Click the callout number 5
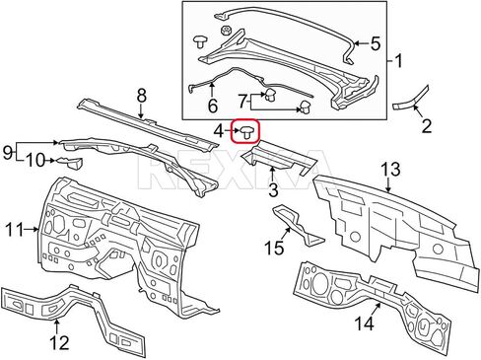pyautogui.click(x=376, y=43)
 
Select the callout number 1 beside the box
pyautogui.click(x=398, y=61)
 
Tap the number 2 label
pyautogui.click(x=426, y=125)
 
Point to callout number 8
pyautogui.click(x=141, y=96)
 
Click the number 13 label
pyautogui.click(x=390, y=170)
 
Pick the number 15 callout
pyautogui.click(x=275, y=248)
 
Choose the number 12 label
pyautogui.click(x=60, y=342)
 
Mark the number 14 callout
pyautogui.click(x=365, y=323)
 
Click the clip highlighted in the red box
pyautogui.click(x=247, y=132)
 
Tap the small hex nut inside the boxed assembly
pyautogui.click(x=226, y=32)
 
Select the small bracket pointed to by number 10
pyautogui.click(x=70, y=163)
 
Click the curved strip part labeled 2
pyautogui.click(x=411, y=99)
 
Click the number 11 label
pyautogui.click(x=15, y=229)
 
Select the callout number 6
pyautogui.click(x=213, y=106)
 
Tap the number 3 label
pyautogui.click(x=273, y=190)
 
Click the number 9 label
pyautogui.click(x=7, y=153)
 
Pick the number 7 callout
pyautogui.click(x=242, y=102)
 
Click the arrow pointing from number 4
pyautogui.click(x=234, y=132)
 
